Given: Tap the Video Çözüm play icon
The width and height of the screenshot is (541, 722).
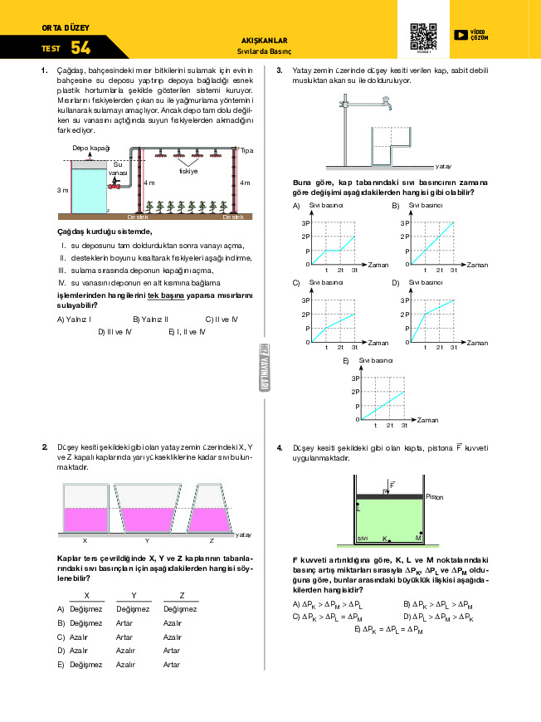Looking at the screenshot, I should click(460, 34).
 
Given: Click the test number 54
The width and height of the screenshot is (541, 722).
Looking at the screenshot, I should click(81, 47).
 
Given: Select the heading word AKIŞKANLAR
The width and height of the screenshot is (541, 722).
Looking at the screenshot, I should click(263, 40).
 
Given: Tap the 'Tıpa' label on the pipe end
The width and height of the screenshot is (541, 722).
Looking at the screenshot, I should click(246, 150).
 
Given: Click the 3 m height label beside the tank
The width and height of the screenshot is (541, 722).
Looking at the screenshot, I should click(61, 190).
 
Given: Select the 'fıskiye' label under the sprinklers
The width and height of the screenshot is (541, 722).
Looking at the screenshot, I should click(188, 171).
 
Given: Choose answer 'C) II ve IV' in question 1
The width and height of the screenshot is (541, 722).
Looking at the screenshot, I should click(222, 319).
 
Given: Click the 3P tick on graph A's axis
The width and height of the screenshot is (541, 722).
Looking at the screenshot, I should click(307, 223).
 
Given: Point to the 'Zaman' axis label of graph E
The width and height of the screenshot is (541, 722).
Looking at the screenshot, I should click(427, 420).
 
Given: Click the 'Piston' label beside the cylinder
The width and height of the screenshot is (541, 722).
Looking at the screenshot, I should click(435, 497).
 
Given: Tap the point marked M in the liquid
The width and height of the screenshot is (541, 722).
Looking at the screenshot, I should click(420, 536).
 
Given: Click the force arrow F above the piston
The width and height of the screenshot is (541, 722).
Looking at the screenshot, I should click(388, 485).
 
